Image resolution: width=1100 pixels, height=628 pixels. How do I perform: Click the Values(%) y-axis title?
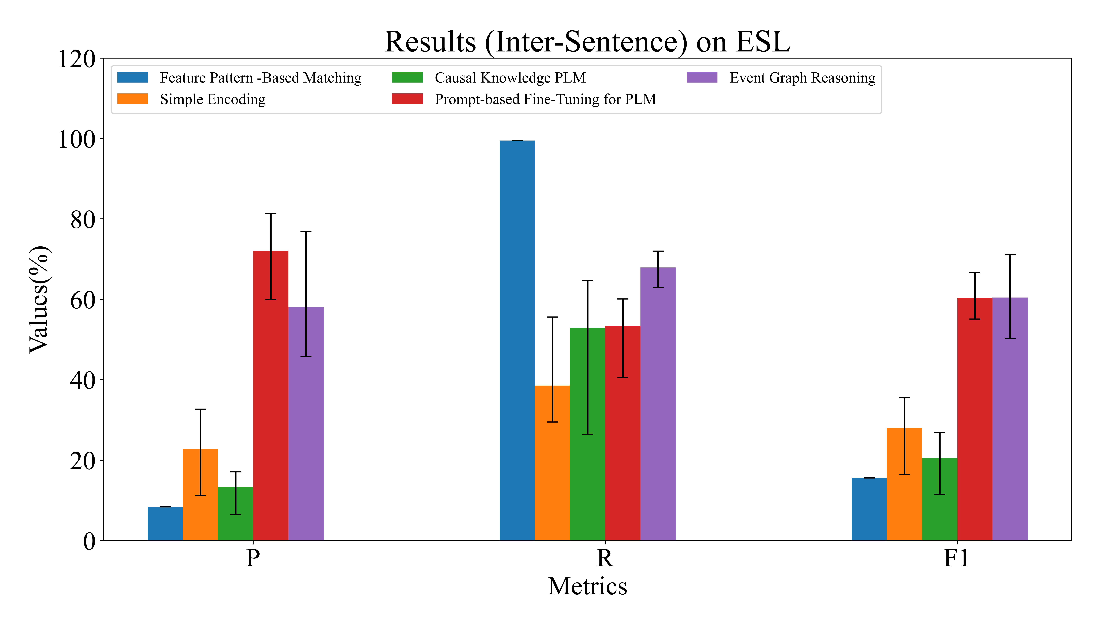click(39, 300)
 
